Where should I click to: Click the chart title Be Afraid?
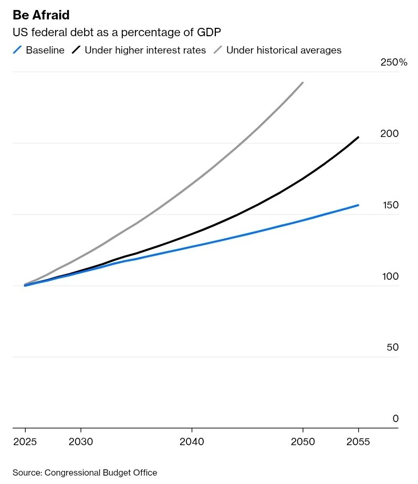pos(41,15)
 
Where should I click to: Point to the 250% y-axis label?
pos(393,62)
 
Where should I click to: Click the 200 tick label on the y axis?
pos(390,134)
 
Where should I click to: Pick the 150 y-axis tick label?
pos(390,205)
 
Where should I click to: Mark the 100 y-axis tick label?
pos(390,277)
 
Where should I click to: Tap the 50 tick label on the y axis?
pos(393,348)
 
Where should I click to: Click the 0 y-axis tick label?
pos(395,419)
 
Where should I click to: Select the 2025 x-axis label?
pos(25,442)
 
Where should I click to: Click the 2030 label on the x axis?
pos(81,442)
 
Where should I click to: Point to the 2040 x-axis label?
pos(192,442)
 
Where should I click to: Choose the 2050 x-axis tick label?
pos(302,442)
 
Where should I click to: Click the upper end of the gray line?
pos(302,83)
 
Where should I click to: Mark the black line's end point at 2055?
pos(358,138)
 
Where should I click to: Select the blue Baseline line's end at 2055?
pos(358,205)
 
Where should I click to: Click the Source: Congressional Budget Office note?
pos(85,473)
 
